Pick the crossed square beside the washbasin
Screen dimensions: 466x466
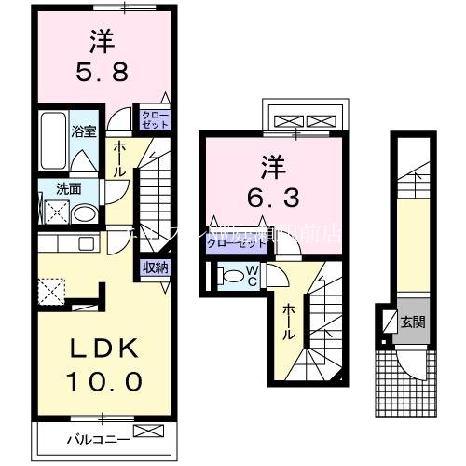pyautogui.click(x=55, y=212)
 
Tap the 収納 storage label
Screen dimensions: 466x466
pyautogui.click(x=156, y=267)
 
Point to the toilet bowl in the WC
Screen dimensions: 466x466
pyautogui.click(x=229, y=276)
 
